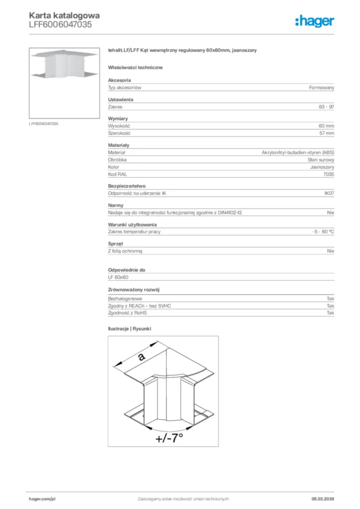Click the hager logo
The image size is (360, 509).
coord(314,21)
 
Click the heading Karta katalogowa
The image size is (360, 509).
coord(61,16)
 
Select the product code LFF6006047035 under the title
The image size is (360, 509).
coord(60,24)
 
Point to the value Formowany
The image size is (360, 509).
coord(322,87)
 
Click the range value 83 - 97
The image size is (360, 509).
coord(326,107)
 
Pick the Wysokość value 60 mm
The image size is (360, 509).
coord(326,126)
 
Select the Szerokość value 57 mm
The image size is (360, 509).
coord(326,133)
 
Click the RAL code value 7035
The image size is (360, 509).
coord(328,174)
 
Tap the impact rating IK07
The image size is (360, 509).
coord(329,193)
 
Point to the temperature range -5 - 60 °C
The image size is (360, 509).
coord(320,232)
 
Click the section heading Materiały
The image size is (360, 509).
coord(118,145)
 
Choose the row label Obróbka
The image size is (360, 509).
coord(117,160)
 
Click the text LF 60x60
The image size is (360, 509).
coord(118,277)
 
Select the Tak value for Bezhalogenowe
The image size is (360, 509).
coord(330,299)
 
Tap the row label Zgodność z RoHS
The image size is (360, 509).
coord(127,313)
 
